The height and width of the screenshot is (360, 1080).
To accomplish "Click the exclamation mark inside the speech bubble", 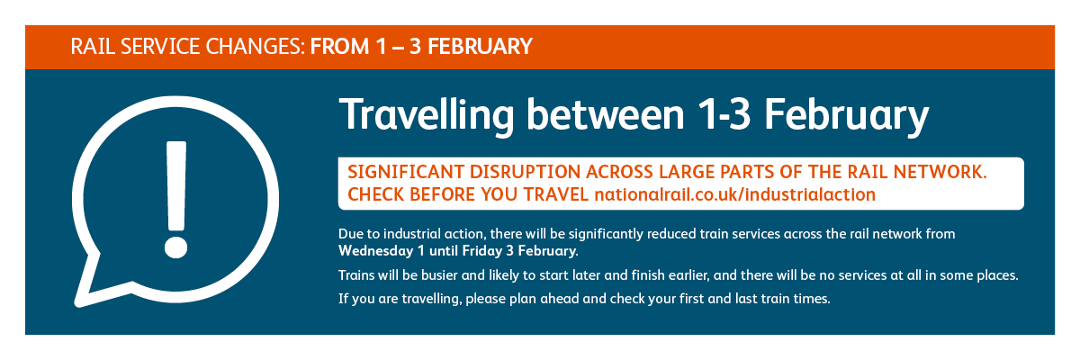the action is point(176,199).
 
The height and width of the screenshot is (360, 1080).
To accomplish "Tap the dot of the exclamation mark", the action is point(176,247).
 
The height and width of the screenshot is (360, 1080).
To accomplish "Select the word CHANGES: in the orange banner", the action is point(256,47).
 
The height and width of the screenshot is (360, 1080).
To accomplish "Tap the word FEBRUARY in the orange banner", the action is point(480,47).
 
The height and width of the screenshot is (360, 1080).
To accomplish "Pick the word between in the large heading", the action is point(606,114).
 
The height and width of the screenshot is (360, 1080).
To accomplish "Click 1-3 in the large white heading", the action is point(724,114).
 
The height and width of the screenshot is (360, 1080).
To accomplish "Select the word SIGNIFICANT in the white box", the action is point(406,172).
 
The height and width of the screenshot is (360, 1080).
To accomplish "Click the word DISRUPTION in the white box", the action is point(525,172).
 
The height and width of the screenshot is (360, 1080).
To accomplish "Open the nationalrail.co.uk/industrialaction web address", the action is point(734,194).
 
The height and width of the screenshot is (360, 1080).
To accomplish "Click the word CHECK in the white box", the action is point(375,194).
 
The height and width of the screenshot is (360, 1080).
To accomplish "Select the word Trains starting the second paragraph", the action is point(355,275).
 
